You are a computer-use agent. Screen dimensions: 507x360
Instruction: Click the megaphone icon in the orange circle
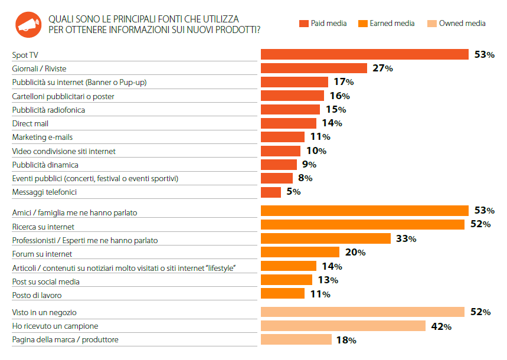28,25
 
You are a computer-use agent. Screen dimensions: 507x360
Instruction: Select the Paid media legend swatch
304,24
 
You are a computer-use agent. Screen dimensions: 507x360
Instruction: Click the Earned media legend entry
387,23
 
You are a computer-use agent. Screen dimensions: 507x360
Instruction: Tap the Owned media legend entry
456,23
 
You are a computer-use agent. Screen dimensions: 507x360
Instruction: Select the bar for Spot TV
365,54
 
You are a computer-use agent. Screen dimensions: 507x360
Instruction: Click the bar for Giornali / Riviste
314,68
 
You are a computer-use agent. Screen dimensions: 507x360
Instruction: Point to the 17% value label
344,82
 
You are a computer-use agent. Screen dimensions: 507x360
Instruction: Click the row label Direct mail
30,123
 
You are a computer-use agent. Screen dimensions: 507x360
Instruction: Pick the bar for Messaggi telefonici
271,192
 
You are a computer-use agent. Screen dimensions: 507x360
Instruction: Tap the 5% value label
293,192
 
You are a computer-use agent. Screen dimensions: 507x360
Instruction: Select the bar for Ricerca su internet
363,224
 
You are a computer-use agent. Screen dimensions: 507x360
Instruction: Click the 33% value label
406,238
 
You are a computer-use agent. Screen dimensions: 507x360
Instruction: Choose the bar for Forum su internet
300,252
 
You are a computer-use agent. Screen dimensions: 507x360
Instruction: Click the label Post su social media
45,282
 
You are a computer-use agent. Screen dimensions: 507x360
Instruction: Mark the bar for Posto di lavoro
283,293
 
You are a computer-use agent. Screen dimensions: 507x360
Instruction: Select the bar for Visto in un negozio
363,312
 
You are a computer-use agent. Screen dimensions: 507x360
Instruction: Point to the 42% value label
441,326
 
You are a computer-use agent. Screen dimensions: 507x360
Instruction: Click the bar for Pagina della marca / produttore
296,339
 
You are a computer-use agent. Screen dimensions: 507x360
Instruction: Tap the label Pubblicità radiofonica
48,110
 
